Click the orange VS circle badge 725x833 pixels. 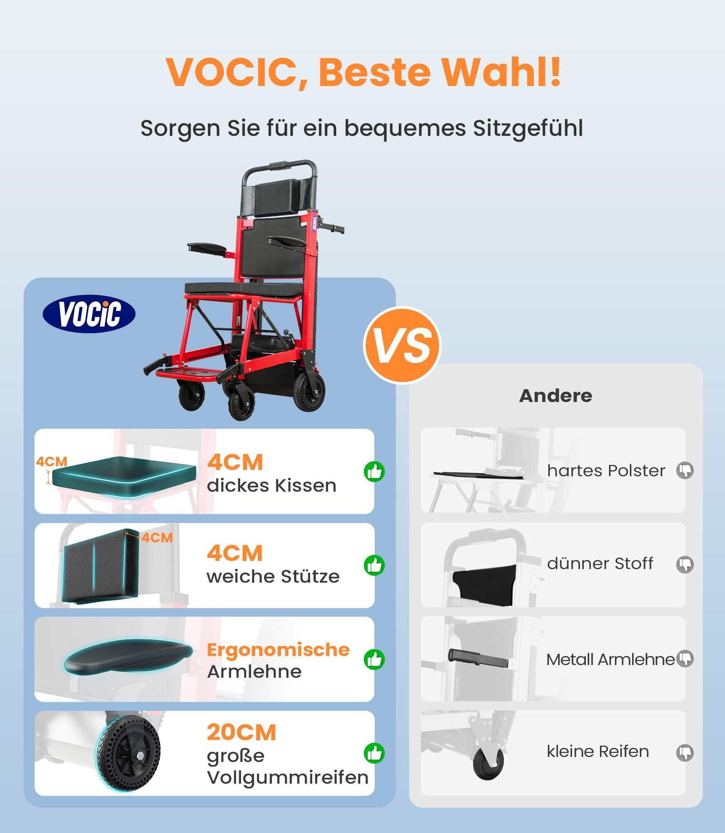coord(402,345)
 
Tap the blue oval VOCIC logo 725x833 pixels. coord(89,314)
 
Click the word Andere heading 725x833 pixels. coord(556,396)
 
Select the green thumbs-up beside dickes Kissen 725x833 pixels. coord(374,472)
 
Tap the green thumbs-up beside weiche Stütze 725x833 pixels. coord(374,565)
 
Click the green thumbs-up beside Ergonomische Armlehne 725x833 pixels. coord(374,660)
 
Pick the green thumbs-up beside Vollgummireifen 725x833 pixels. coord(374,753)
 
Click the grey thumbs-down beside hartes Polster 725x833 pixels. coord(685,471)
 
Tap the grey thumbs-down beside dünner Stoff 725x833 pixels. coord(685,565)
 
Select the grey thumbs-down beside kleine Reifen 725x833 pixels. coord(685,753)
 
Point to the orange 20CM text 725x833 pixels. coord(242,732)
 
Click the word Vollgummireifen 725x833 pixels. coord(288,778)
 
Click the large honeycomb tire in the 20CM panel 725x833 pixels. coord(128,753)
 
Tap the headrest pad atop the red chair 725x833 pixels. coord(279,197)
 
